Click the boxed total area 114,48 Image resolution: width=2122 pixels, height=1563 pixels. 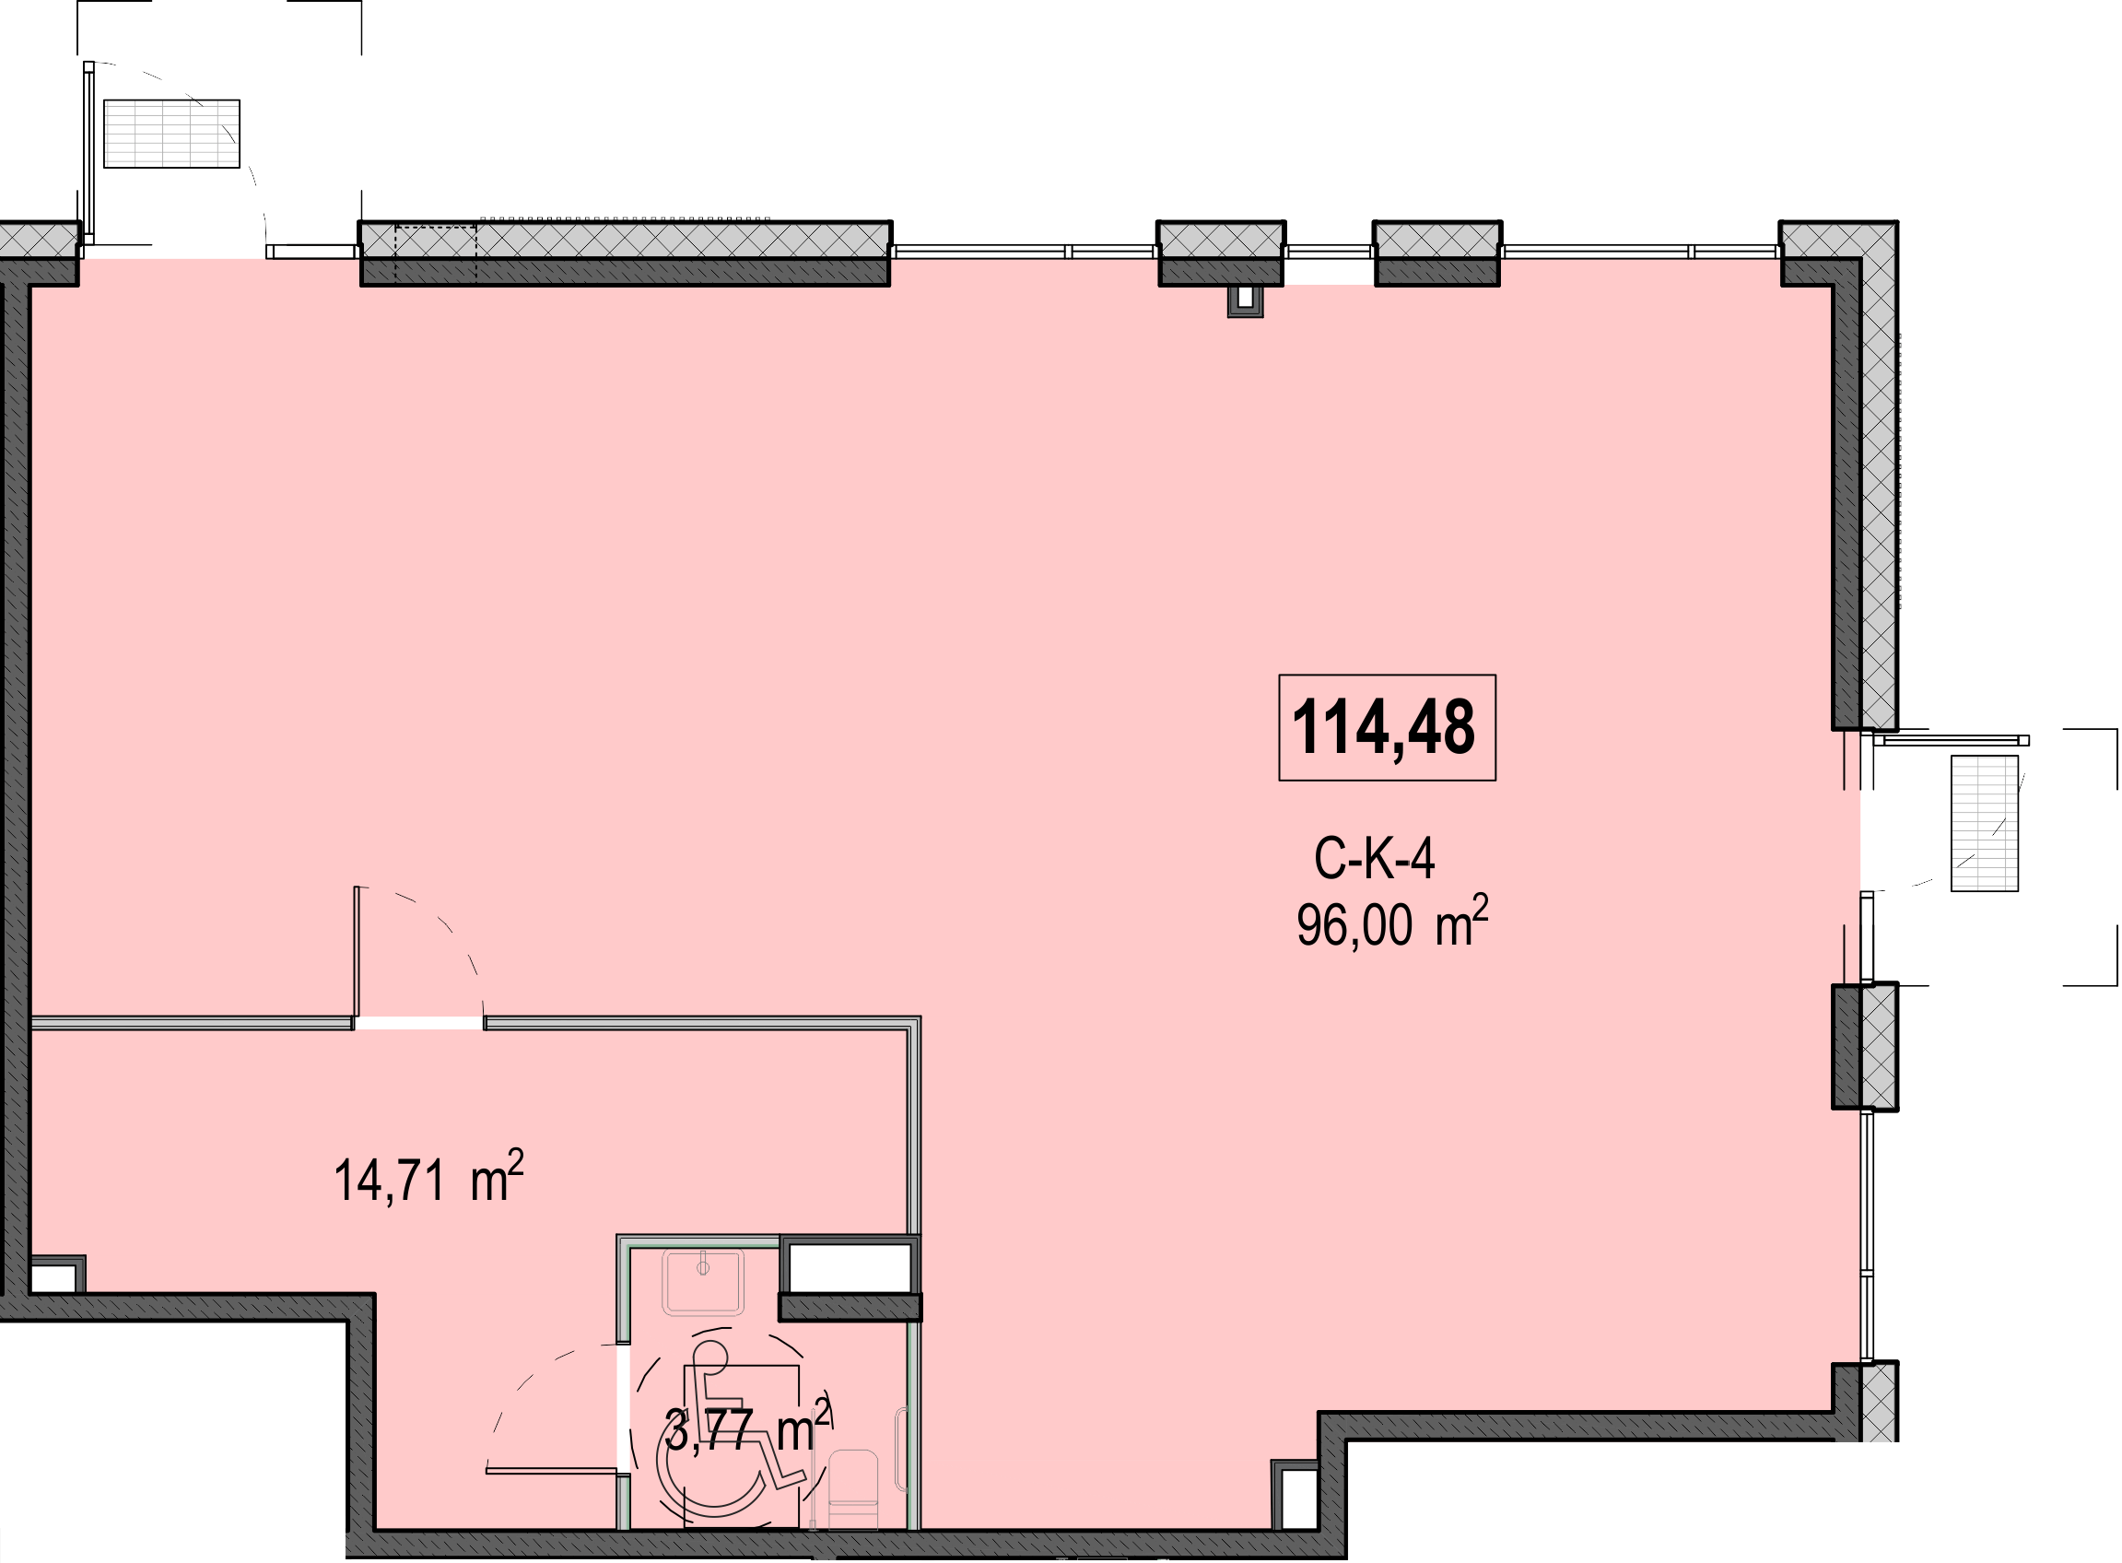(1387, 726)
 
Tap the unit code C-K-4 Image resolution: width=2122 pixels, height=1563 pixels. (1374, 858)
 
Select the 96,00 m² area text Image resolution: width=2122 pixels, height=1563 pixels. (1392, 922)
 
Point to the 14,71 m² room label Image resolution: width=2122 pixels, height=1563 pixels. (428, 1177)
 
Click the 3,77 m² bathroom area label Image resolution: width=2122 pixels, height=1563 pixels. (747, 1427)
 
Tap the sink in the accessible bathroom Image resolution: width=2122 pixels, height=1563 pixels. (703, 1282)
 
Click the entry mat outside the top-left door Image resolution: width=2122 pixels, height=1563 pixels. (171, 134)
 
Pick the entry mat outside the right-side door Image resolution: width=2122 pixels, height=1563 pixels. (1985, 823)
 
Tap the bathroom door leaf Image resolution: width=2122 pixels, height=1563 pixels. (552, 1470)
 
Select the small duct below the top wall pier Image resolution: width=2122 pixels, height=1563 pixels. (1245, 300)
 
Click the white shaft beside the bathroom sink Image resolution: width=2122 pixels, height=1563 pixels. (849, 1269)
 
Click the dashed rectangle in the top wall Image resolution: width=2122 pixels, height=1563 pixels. (435, 253)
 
